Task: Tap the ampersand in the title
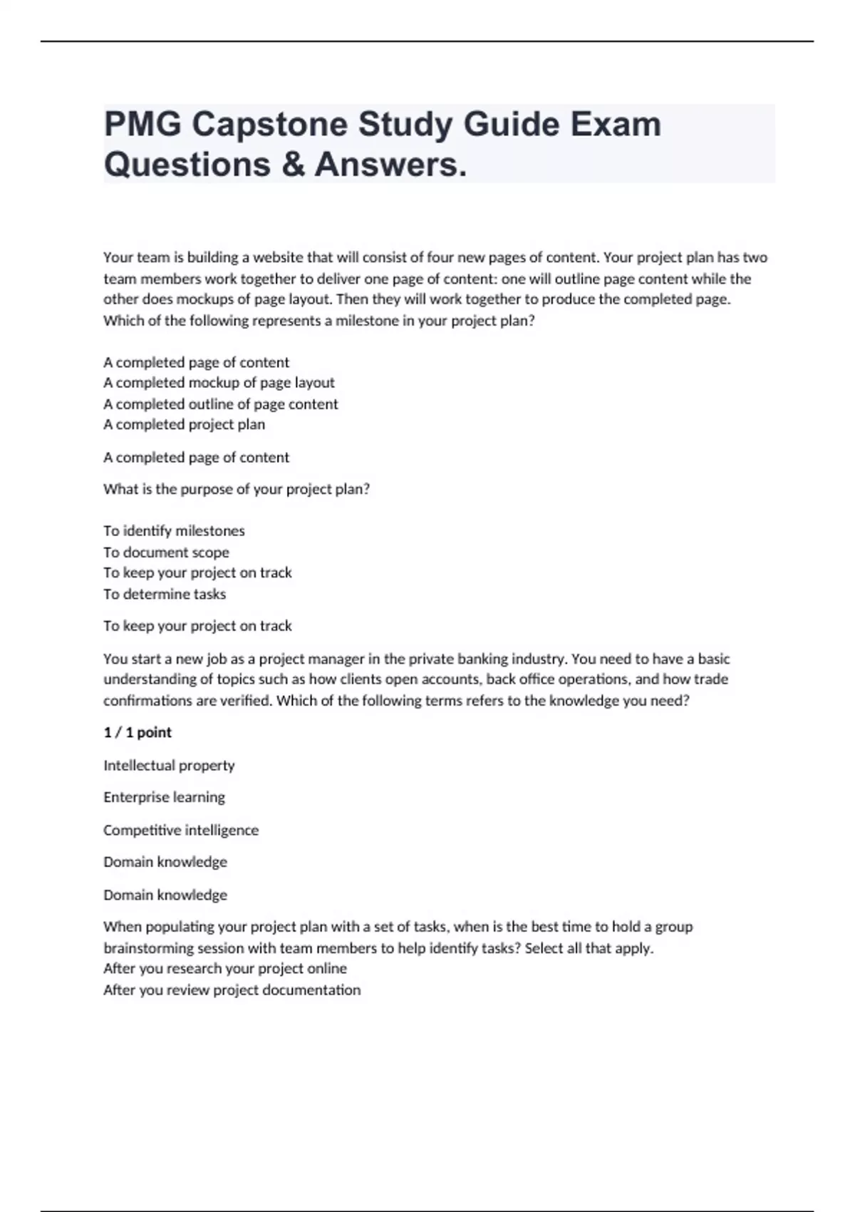coord(293,164)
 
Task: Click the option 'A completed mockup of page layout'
coord(219,383)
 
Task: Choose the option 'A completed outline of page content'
coord(221,404)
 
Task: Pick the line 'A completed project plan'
coord(184,424)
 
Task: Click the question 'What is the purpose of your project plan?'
coord(237,489)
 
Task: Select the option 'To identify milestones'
coord(174,530)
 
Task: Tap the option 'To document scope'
coord(166,552)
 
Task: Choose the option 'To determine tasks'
coord(165,594)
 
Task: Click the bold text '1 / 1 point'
coord(138,732)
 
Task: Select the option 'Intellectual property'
coord(169,765)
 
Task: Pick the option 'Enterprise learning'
coord(164,797)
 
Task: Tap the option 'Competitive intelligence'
coord(181,830)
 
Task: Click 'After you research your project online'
coord(225,968)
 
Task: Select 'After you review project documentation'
coord(232,990)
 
